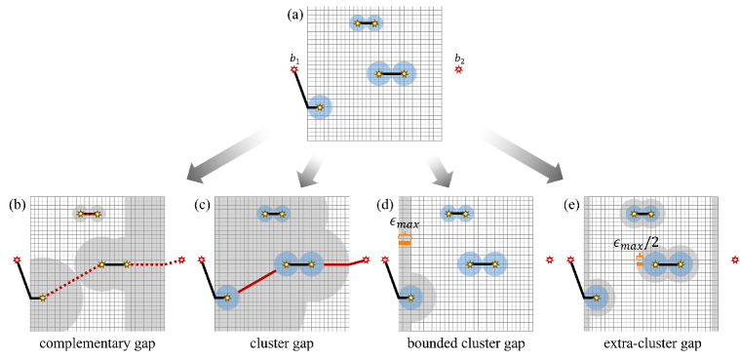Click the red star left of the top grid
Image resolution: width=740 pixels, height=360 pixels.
pyautogui.click(x=293, y=69)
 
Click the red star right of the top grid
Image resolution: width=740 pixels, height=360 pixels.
pyautogui.click(x=458, y=69)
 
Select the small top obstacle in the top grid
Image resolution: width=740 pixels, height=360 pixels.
pyautogui.click(x=366, y=22)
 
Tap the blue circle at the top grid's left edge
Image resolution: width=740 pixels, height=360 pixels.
pyautogui.click(x=319, y=106)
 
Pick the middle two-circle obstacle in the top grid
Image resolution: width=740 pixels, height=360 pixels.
pyautogui.click(x=391, y=73)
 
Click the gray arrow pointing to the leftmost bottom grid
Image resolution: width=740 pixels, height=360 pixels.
pyautogui.click(x=228, y=154)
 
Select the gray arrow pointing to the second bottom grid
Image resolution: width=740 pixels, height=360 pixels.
pyautogui.click(x=310, y=171)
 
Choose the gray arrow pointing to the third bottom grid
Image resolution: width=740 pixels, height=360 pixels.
pyautogui.click(x=439, y=171)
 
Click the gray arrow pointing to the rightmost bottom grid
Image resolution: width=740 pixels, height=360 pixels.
pyautogui.click(x=521, y=154)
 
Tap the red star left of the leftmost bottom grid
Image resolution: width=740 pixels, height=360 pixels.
pyautogui.click(x=17, y=260)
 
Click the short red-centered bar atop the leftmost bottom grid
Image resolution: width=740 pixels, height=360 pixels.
pyautogui.click(x=89, y=214)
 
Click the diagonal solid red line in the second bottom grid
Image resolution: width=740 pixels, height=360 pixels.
pyautogui.click(x=256, y=280)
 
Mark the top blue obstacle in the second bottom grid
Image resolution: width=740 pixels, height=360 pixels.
pyautogui.click(x=273, y=214)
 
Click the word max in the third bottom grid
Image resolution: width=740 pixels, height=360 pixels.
pyautogui.click(x=408, y=224)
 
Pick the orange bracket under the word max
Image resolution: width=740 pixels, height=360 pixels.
pyautogui.click(x=404, y=239)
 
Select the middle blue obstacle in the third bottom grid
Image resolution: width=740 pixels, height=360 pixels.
pyautogui.click(x=482, y=263)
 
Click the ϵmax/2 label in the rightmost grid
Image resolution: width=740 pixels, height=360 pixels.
pyautogui.click(x=636, y=243)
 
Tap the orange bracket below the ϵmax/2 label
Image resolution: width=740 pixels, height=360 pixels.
pyautogui.click(x=640, y=260)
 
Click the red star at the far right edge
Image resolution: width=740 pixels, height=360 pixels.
pyautogui.click(x=734, y=260)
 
